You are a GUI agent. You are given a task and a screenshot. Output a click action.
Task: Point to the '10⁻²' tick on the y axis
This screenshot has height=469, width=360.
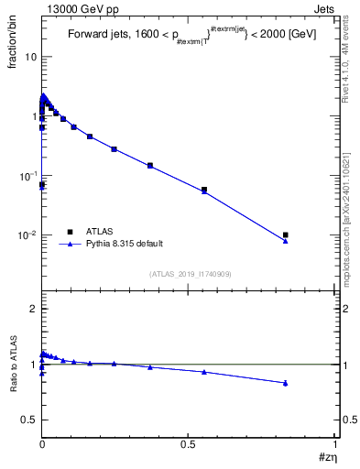click(27, 235)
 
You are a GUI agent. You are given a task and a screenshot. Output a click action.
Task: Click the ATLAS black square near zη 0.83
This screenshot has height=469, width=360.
click(286, 235)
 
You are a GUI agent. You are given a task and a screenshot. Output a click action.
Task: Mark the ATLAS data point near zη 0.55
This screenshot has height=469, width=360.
click(203, 190)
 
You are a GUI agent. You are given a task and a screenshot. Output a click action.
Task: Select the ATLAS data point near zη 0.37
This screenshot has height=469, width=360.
click(150, 166)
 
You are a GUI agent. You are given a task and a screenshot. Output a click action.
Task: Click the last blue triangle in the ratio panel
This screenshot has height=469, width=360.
click(286, 383)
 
